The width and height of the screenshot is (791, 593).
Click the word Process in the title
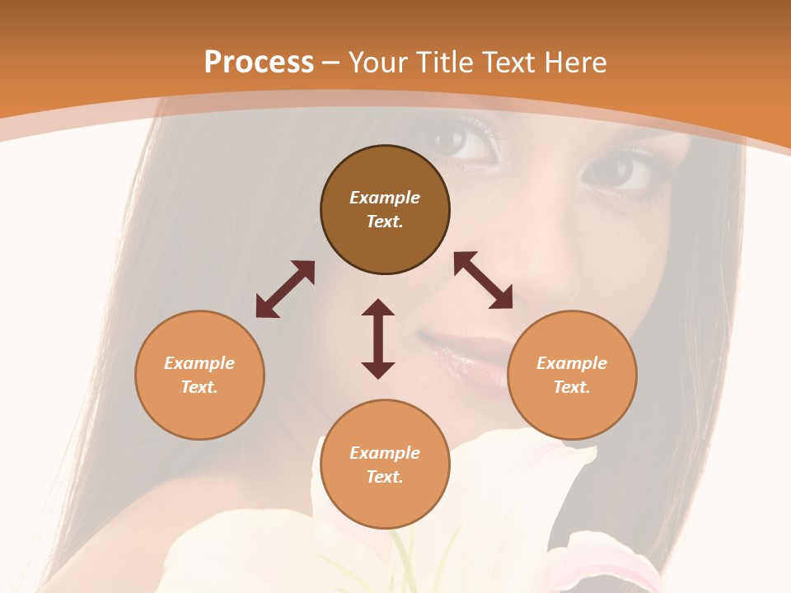click(259, 63)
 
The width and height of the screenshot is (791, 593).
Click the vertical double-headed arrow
click(378, 339)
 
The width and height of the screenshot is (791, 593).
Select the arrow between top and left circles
click(285, 289)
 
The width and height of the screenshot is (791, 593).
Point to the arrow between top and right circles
click(484, 280)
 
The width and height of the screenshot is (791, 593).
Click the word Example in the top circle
click(385, 198)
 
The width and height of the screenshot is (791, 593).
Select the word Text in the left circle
click(199, 387)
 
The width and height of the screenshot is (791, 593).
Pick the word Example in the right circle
click(572, 363)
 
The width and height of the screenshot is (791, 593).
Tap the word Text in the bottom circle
click(384, 477)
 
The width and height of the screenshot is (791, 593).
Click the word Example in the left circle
click(199, 363)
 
